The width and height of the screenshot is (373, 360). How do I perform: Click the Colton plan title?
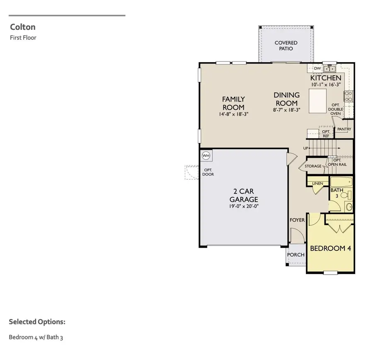(22, 27)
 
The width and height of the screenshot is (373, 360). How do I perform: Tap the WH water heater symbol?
(206, 156)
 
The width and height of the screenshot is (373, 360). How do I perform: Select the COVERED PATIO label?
(286, 46)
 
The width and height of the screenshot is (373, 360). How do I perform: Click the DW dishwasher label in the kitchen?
(317, 68)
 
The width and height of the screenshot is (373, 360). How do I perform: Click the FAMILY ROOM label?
(233, 103)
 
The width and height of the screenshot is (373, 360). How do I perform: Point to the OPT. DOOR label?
(208, 172)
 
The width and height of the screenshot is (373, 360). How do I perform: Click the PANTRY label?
(344, 129)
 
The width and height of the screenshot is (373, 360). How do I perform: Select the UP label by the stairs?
(306, 148)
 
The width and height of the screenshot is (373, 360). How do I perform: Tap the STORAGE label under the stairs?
(313, 166)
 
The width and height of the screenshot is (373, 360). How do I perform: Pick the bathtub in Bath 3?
(342, 182)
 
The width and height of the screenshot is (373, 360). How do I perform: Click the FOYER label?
(297, 220)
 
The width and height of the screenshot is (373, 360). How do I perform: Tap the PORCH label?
(296, 254)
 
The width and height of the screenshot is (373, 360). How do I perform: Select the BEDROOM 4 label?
(331, 248)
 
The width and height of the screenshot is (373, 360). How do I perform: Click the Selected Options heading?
(37, 322)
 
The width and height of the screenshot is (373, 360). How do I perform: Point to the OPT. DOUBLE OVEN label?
(336, 109)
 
